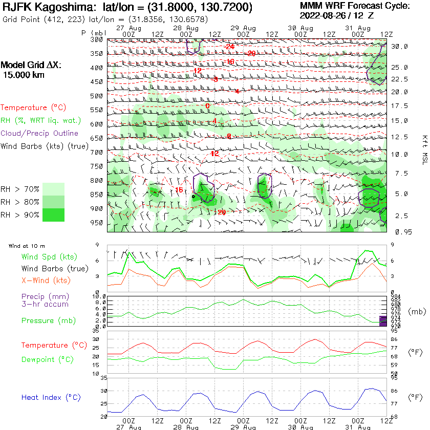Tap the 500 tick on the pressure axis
click(x=96, y=96)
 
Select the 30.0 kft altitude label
click(x=399, y=46)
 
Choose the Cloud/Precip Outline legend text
click(x=39, y=133)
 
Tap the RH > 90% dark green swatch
click(x=54, y=214)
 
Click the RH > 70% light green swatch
click(x=54, y=188)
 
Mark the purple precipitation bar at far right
click(x=383, y=321)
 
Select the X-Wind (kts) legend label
click(x=46, y=281)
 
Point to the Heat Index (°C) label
click(x=51, y=397)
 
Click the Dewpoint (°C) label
click(x=47, y=359)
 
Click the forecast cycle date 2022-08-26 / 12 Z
click(x=336, y=15)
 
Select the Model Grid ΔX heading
click(x=30, y=65)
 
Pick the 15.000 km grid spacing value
click(x=24, y=75)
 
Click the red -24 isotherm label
click(x=229, y=47)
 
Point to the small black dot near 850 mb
click(x=193, y=196)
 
